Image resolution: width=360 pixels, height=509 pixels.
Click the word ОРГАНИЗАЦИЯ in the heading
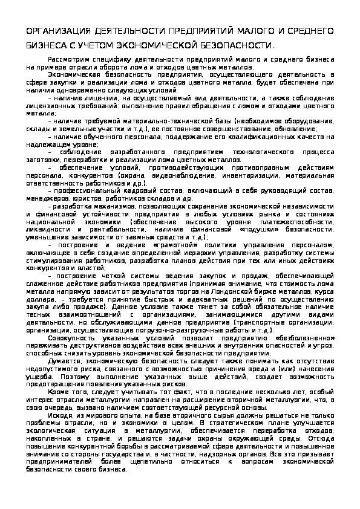pyautogui.click(x=58, y=30)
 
